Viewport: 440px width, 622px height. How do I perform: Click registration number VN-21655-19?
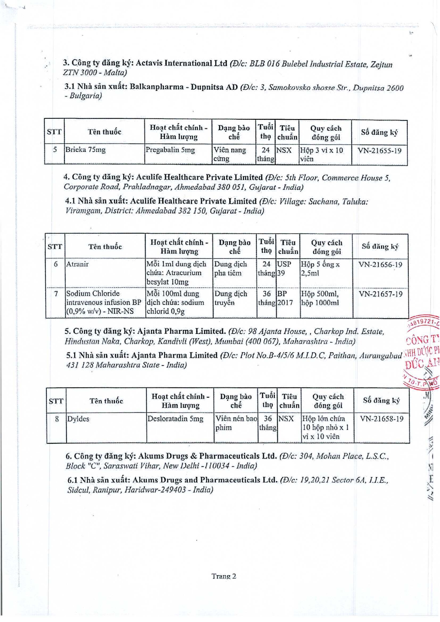pos(379,151)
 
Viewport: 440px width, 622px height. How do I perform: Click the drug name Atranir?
pos(78,264)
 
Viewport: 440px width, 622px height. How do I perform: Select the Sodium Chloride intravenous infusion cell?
pos(103,302)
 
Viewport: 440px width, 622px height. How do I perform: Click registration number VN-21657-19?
pos(380,294)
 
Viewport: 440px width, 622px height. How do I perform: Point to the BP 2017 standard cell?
pos(285,298)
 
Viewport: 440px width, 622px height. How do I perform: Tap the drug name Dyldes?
pos(78,419)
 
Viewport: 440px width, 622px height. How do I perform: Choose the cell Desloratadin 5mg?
pos(175,419)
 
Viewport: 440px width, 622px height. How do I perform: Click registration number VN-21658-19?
pos(382,419)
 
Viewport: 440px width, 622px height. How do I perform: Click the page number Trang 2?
pos(224,576)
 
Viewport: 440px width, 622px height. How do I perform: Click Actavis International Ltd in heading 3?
pos(181,63)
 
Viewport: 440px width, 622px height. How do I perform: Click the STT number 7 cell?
pos(56,294)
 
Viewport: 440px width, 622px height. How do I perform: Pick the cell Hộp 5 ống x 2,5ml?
pos(320,269)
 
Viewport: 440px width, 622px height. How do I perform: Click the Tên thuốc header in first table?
pos(105,132)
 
